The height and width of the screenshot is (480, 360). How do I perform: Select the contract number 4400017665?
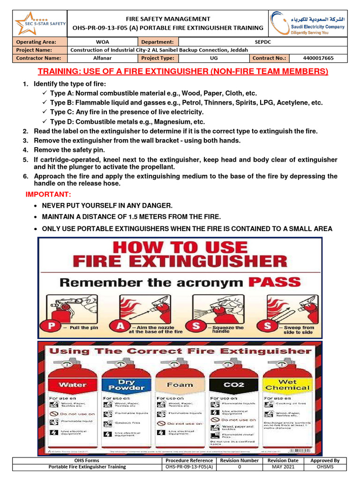coord(318,58)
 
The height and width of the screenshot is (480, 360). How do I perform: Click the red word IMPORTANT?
coord(48,194)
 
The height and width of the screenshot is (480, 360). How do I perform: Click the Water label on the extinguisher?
coord(72,384)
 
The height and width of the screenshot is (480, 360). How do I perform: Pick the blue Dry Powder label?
coord(126,384)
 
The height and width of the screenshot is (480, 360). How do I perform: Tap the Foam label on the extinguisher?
coord(180,384)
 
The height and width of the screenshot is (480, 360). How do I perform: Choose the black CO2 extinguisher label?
coord(234,384)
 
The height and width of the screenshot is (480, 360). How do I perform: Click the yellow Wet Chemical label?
coord(288,384)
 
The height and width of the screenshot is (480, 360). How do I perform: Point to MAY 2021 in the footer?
coord(283,467)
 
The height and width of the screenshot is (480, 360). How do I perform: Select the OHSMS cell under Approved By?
coord(325,467)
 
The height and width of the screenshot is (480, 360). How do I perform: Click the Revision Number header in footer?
coord(239,460)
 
